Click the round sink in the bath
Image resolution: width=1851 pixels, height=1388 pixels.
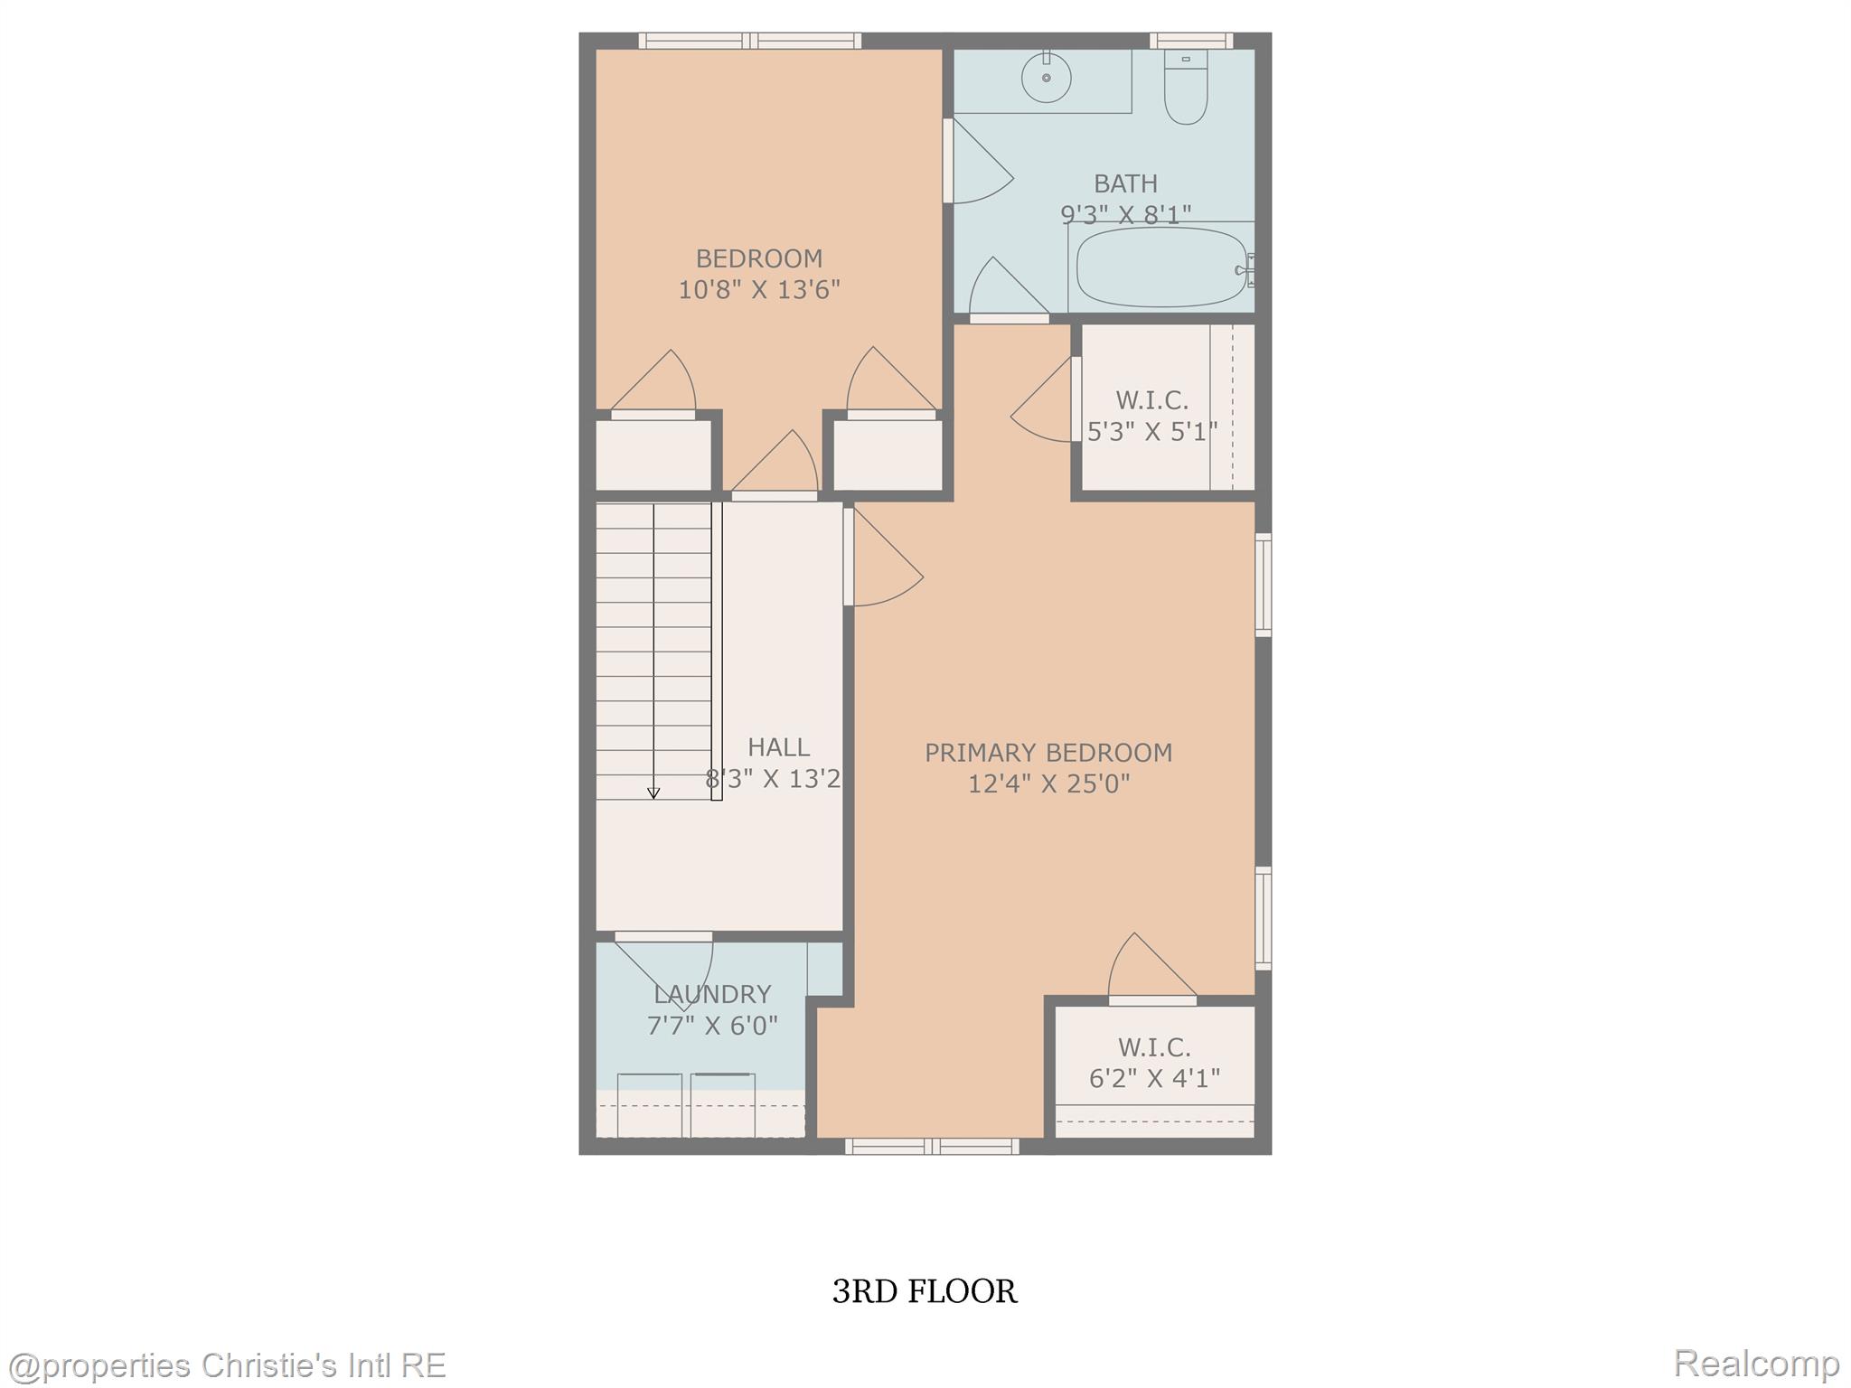(x=1046, y=77)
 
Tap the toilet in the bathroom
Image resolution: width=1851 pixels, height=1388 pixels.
(x=1186, y=90)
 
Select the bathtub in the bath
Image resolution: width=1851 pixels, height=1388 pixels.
(x=1160, y=267)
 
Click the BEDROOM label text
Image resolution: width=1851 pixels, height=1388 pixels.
(x=759, y=259)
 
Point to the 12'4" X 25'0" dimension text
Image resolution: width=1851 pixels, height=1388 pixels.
(x=1048, y=783)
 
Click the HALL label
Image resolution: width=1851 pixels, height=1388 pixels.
(x=778, y=747)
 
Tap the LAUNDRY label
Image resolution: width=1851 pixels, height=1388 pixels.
(x=712, y=995)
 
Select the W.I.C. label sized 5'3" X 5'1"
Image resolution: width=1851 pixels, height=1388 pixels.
(x=1151, y=400)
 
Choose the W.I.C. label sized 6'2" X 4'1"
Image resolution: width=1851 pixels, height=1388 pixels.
(x=1154, y=1047)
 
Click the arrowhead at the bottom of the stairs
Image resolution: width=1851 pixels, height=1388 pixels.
(x=653, y=793)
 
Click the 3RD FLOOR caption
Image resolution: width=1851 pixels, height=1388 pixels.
(x=925, y=1291)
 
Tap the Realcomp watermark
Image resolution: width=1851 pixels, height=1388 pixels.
(x=1756, y=1363)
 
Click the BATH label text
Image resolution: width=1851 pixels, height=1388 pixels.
(x=1125, y=184)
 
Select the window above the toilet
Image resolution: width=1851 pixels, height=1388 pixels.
(x=1191, y=40)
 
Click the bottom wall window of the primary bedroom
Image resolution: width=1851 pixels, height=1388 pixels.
(x=932, y=1147)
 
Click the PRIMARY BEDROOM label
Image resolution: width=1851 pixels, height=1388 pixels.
(x=1048, y=753)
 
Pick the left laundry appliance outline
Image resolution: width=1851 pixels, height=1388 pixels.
(x=650, y=1104)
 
